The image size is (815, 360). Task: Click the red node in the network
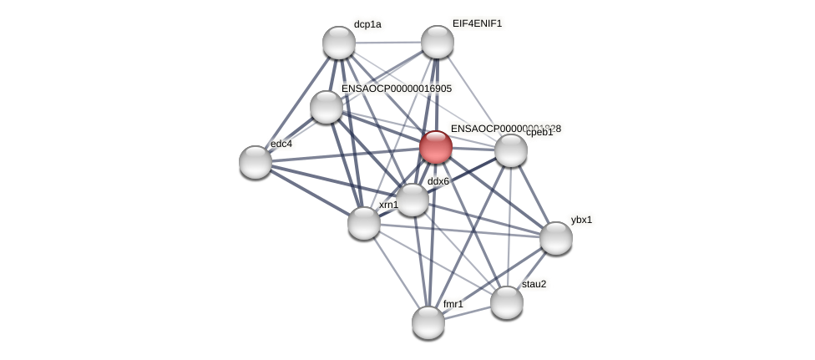(436, 147)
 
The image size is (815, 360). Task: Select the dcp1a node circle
(339, 43)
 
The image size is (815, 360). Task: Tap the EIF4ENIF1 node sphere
(438, 42)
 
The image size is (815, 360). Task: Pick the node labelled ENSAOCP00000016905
(327, 107)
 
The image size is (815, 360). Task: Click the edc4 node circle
(256, 162)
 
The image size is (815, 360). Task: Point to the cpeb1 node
(511, 150)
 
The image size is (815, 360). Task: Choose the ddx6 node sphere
(413, 200)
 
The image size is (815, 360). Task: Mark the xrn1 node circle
(364, 223)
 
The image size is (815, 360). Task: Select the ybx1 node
(556, 238)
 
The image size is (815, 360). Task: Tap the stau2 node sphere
(507, 302)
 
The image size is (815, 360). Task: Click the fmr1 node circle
(428, 322)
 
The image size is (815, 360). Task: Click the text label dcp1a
(367, 24)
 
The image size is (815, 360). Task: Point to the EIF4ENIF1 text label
(478, 23)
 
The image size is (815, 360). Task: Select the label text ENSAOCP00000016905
(397, 89)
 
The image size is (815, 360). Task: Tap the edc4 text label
(281, 144)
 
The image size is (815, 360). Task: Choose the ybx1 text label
(581, 220)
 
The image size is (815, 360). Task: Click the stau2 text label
(534, 284)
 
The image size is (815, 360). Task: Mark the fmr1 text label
(453, 304)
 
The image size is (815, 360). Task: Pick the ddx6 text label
(438, 181)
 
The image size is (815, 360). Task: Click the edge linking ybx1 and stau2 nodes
(532, 270)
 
